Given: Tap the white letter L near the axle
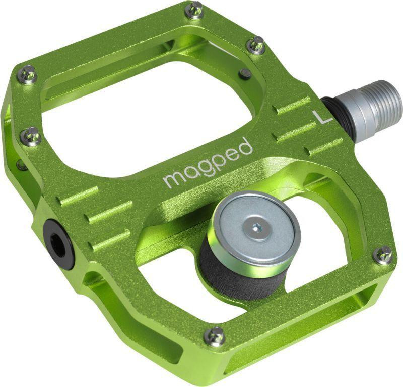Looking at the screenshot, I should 321,116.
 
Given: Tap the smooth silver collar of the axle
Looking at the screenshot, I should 359,119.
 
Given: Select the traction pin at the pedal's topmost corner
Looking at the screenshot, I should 194,9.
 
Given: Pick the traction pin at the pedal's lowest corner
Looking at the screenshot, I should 215,336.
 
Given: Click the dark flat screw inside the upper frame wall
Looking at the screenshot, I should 245,74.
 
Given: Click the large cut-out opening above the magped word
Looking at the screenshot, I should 146,121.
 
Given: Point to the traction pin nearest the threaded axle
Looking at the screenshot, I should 257,45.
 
